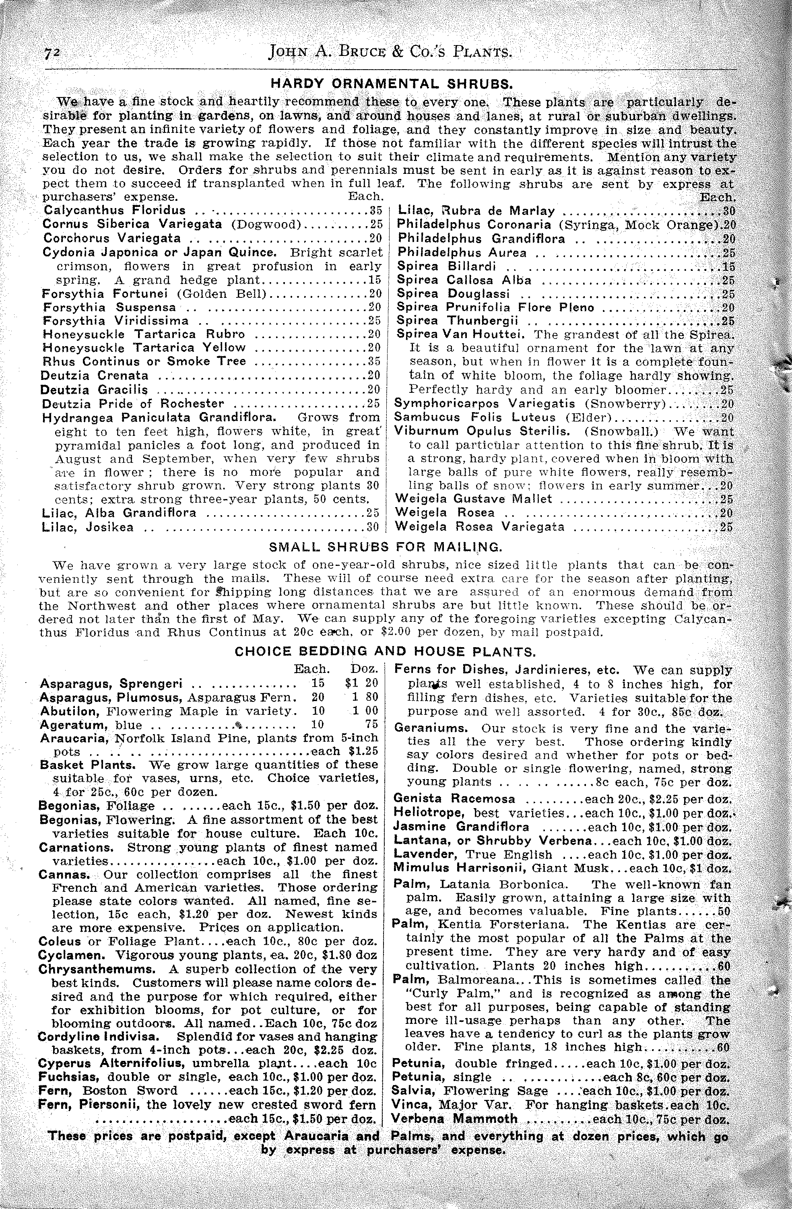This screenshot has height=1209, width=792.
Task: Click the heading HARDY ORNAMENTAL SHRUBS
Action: (391, 83)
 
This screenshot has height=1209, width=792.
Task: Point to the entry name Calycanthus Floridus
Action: (114, 210)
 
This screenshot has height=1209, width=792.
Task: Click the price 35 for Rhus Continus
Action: (374, 361)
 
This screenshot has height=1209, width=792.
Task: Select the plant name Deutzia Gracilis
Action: (95, 390)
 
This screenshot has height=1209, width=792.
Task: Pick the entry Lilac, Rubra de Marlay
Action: (476, 211)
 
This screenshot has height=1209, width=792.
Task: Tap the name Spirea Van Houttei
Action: (463, 335)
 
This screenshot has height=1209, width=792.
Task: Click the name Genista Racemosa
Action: (454, 798)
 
